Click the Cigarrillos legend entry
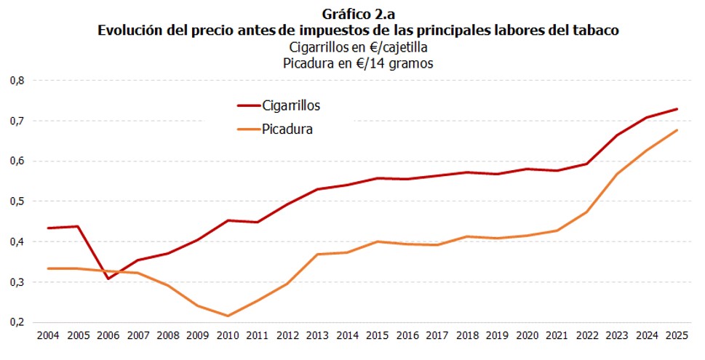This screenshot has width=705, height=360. pos(290,105)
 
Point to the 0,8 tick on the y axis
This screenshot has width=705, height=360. pos(16,81)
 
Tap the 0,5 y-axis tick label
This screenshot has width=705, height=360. pos(16,201)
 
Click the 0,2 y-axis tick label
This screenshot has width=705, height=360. pos(16,322)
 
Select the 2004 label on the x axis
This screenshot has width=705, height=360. pos(48,337)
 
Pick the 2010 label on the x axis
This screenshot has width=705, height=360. pos(228,337)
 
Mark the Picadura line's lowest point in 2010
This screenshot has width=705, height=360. pos(228,316)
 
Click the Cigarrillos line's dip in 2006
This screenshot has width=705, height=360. pos(108,279)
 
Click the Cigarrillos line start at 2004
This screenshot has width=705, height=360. pos(48,228)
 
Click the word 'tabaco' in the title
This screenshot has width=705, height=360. pos(598,30)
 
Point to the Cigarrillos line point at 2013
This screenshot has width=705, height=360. pos(318,189)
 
